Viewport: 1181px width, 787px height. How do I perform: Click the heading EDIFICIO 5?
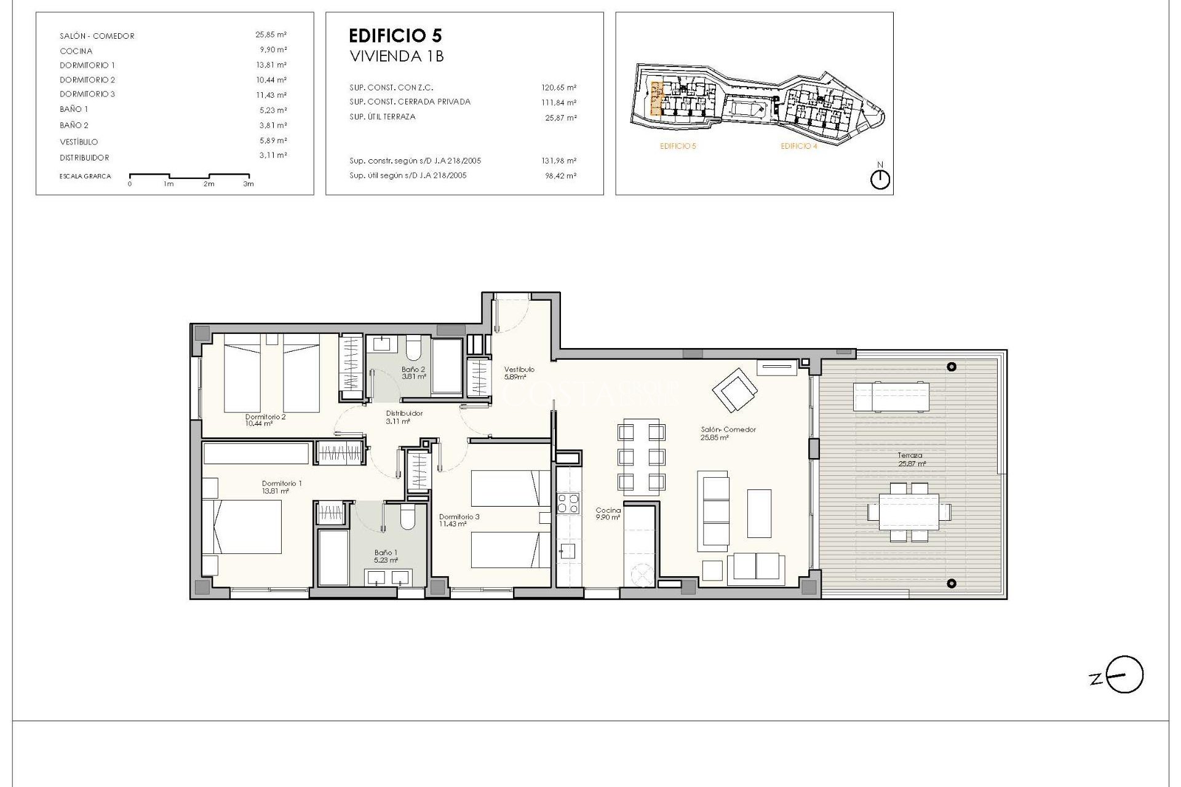[395, 36]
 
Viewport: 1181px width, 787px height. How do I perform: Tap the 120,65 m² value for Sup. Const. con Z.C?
[559, 88]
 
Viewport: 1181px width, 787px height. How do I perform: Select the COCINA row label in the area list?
[76, 51]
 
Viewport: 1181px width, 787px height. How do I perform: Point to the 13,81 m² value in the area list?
[271, 65]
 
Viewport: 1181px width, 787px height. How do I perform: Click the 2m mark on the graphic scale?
[209, 184]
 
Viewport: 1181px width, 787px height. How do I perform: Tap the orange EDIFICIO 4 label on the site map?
[798, 146]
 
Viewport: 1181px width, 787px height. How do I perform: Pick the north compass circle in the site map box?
[880, 180]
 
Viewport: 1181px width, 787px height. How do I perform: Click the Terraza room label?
[910, 456]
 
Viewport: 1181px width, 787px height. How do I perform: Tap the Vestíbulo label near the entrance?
[519, 370]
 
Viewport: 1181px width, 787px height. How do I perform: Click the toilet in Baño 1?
[407, 518]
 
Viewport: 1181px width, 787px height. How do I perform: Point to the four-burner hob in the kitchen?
[568, 504]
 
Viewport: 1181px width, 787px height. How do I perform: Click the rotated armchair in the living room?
[734, 390]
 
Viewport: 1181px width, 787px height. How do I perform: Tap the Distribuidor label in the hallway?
[404, 413]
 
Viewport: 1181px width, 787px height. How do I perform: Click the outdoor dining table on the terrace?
[909, 512]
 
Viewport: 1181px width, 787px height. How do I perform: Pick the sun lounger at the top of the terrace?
[891, 396]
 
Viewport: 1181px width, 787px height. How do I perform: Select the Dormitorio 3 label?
[459, 516]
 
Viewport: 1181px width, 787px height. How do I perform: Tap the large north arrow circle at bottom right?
[1125, 675]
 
